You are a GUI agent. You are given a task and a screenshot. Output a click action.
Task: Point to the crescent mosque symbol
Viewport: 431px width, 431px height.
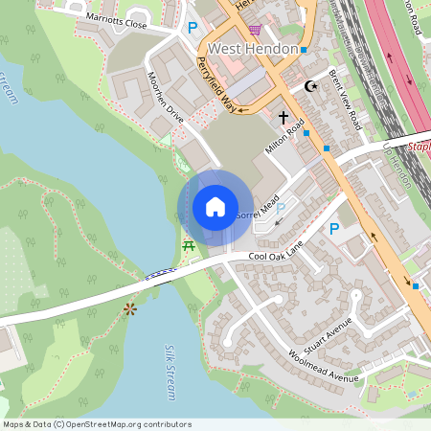pyautogui.click(x=309, y=86)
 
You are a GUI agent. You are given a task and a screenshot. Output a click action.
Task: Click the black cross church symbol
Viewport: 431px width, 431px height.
pyautogui.click(x=284, y=117)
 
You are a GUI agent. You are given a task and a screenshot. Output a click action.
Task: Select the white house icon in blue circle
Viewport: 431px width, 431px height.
pyautogui.click(x=215, y=206)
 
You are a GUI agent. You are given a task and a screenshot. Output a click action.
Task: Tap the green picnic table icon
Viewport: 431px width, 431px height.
pyautogui.click(x=188, y=246)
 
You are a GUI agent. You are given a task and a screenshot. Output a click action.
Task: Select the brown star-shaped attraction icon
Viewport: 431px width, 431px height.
pyautogui.click(x=129, y=309)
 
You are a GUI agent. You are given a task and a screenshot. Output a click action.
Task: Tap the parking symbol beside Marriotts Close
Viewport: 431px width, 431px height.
pyautogui.click(x=193, y=29)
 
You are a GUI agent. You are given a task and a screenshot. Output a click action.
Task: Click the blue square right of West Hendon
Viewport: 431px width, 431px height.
pyautogui.click(x=304, y=50)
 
